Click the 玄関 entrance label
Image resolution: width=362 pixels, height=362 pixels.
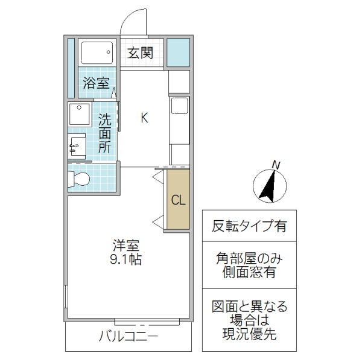[140, 52]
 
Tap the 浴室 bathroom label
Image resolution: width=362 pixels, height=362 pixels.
[96, 83]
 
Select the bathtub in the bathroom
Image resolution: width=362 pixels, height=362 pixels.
[97, 55]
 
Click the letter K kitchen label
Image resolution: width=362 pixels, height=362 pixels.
[144, 118]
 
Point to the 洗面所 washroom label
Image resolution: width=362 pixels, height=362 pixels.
[104, 132]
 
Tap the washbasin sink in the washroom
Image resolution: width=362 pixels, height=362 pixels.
[77, 145]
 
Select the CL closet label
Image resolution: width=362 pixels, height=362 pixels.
[178, 200]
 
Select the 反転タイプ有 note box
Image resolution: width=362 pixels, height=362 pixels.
[249, 226]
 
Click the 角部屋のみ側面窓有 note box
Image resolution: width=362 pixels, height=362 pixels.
[249, 265]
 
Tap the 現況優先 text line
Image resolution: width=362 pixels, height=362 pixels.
[249, 334]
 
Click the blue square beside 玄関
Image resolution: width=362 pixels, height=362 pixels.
[178, 52]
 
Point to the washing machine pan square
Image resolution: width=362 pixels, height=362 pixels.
[79, 114]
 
